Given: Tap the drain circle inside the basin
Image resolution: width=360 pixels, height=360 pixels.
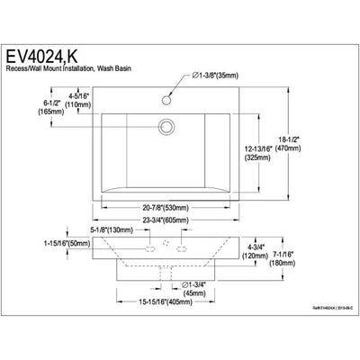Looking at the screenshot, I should pyautogui.click(x=166, y=127).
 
